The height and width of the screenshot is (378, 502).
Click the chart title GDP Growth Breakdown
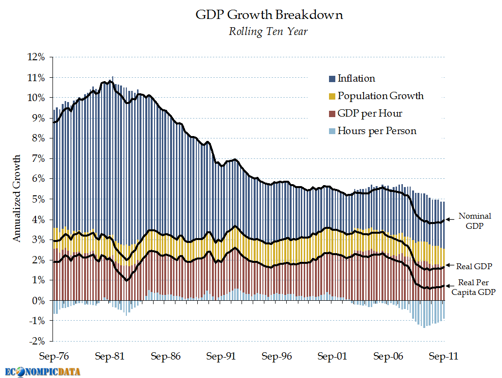(x=269, y=15)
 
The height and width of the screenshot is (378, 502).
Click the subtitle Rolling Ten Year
(x=268, y=32)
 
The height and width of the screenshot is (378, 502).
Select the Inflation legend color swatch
(x=332, y=79)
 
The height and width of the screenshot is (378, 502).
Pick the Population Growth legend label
(x=381, y=96)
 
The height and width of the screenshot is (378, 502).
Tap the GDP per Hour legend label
(x=370, y=113)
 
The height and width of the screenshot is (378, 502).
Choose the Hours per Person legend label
(x=377, y=131)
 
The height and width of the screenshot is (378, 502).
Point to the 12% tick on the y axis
(x=36, y=57)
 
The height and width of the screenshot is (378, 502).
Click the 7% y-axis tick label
(x=38, y=159)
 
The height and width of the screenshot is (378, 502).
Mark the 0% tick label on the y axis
(x=38, y=301)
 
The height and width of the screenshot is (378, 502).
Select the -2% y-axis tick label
(x=36, y=342)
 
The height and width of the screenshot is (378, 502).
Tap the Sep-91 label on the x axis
(x=221, y=357)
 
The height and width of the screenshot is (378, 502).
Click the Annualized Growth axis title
(x=17, y=199)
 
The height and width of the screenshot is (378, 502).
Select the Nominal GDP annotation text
(x=475, y=221)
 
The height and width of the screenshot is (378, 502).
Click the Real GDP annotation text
(x=475, y=266)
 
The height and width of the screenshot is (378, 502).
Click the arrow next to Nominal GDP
(x=450, y=219)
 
